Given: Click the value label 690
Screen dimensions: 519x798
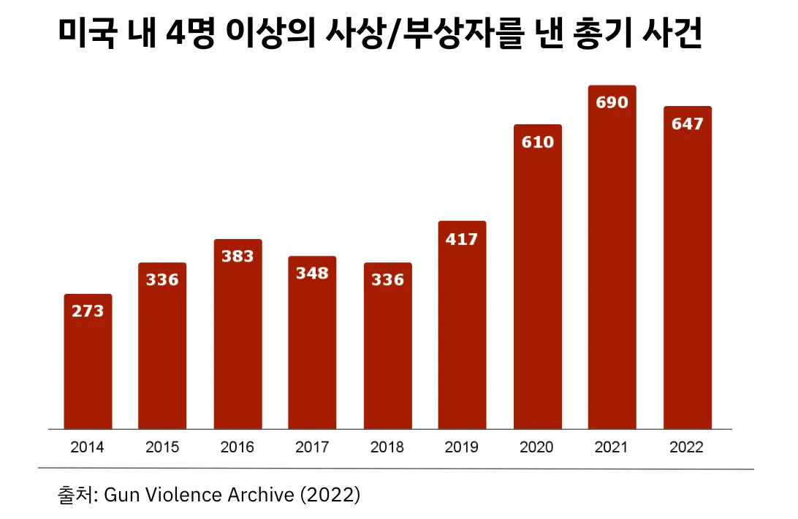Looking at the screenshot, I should (x=612, y=103).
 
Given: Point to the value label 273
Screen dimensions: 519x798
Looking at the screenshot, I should (x=88, y=311).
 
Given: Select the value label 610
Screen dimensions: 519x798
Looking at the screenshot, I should (x=538, y=142).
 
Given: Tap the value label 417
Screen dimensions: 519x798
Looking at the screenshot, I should (x=463, y=239).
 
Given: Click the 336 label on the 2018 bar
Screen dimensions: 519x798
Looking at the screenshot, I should (x=387, y=280).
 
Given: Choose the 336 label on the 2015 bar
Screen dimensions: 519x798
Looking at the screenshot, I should (x=162, y=280).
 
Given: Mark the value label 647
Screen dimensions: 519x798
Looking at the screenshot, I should (x=688, y=124).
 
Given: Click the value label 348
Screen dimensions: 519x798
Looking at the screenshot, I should (x=312, y=274).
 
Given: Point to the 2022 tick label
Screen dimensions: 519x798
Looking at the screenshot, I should (x=687, y=447).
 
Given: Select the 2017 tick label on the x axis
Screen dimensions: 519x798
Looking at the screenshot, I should (x=312, y=447).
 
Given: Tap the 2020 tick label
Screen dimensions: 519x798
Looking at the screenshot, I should (x=537, y=447).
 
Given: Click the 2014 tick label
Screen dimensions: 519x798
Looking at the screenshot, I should (x=88, y=447).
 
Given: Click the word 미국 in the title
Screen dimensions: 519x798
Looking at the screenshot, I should (x=86, y=34).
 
